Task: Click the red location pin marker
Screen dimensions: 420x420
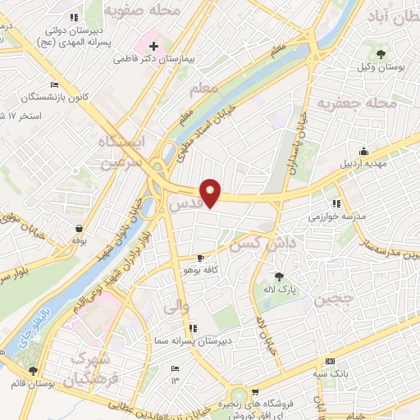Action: point(212,192)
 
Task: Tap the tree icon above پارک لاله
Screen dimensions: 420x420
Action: point(279,276)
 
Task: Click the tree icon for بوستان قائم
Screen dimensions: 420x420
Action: point(33,372)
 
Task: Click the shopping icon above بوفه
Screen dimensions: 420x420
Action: point(79,229)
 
